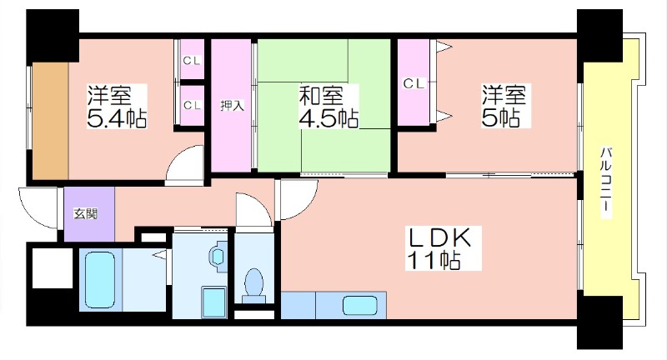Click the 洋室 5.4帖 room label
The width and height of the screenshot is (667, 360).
[x=117, y=107]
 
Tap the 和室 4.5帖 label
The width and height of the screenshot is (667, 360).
[x=328, y=107]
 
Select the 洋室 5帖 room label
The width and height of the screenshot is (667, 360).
[x=504, y=106]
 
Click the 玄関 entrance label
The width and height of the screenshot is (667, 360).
[x=86, y=214]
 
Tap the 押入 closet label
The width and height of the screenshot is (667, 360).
[x=233, y=105]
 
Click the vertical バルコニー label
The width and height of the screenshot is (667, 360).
[x=607, y=182]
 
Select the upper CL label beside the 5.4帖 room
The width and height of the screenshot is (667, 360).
[x=192, y=61]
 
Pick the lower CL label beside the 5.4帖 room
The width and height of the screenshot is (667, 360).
[x=192, y=105]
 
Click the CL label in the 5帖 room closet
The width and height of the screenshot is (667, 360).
[x=414, y=83]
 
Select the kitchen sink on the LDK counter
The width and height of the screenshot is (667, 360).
[x=360, y=306]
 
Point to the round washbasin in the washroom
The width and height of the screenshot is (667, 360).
[x=218, y=256]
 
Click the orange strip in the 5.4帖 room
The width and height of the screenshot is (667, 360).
[x=51, y=121]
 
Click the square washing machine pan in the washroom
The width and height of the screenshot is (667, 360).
[x=213, y=302]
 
